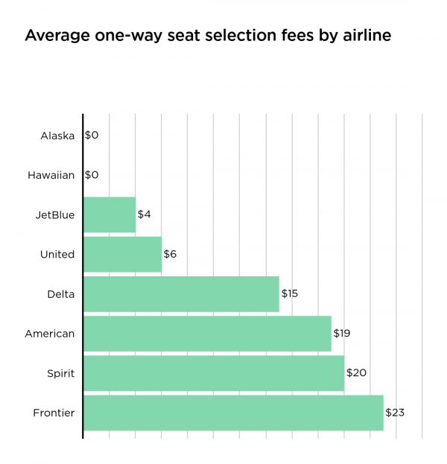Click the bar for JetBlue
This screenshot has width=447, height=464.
point(110,214)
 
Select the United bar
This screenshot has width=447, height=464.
point(122,254)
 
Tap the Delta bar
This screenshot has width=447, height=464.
point(181,293)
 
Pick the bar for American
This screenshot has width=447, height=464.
point(207,333)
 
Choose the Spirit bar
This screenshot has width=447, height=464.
point(214,372)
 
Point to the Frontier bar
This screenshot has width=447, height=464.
point(233,412)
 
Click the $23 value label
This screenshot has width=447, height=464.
point(395,412)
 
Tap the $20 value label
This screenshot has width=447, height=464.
point(356,372)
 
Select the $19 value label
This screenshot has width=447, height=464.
point(343,333)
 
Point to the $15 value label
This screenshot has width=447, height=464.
point(290,293)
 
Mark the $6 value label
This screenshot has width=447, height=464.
point(171,254)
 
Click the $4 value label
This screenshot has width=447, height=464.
point(145,214)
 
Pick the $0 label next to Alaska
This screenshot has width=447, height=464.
point(92,136)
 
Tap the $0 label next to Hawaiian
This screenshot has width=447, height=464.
point(92,175)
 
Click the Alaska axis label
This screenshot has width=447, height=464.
point(58,136)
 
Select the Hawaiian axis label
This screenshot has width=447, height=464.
point(51,175)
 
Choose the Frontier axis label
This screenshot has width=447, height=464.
point(54,412)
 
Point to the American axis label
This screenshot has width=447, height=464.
point(50,333)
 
